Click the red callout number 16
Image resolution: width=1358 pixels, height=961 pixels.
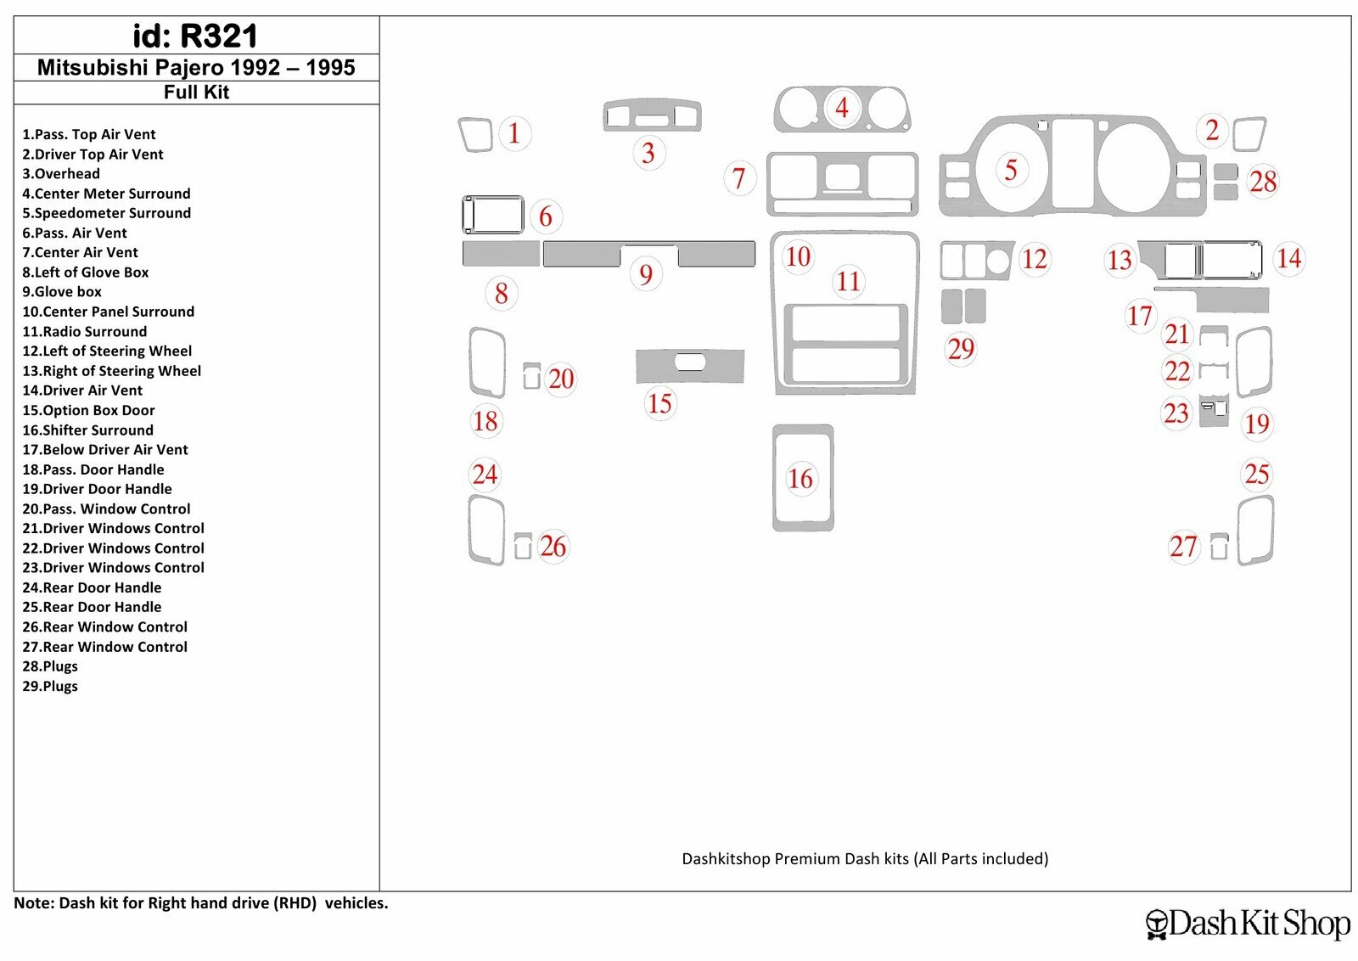800,479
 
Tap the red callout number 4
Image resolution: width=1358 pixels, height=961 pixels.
841,108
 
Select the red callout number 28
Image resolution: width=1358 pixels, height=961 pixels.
1263,182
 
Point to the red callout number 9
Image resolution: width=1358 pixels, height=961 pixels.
646,274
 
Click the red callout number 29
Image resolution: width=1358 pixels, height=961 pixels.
961,349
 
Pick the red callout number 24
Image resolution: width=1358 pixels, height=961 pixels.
485,475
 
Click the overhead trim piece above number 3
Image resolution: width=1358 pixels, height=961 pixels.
653,115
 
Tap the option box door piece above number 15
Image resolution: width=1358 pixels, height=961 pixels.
690,366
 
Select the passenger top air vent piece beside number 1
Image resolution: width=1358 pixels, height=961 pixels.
475,134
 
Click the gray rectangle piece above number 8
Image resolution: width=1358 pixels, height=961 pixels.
501,254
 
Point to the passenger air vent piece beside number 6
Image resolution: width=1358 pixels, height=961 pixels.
493,215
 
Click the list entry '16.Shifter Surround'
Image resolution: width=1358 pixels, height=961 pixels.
88,430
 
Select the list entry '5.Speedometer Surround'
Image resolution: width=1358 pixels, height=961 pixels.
107,213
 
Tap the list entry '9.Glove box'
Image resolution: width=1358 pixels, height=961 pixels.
62,292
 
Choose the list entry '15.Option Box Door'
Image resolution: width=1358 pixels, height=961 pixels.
88,411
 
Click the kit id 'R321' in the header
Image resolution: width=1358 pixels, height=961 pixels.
219,36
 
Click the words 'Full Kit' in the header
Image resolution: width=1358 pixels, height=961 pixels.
196,93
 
